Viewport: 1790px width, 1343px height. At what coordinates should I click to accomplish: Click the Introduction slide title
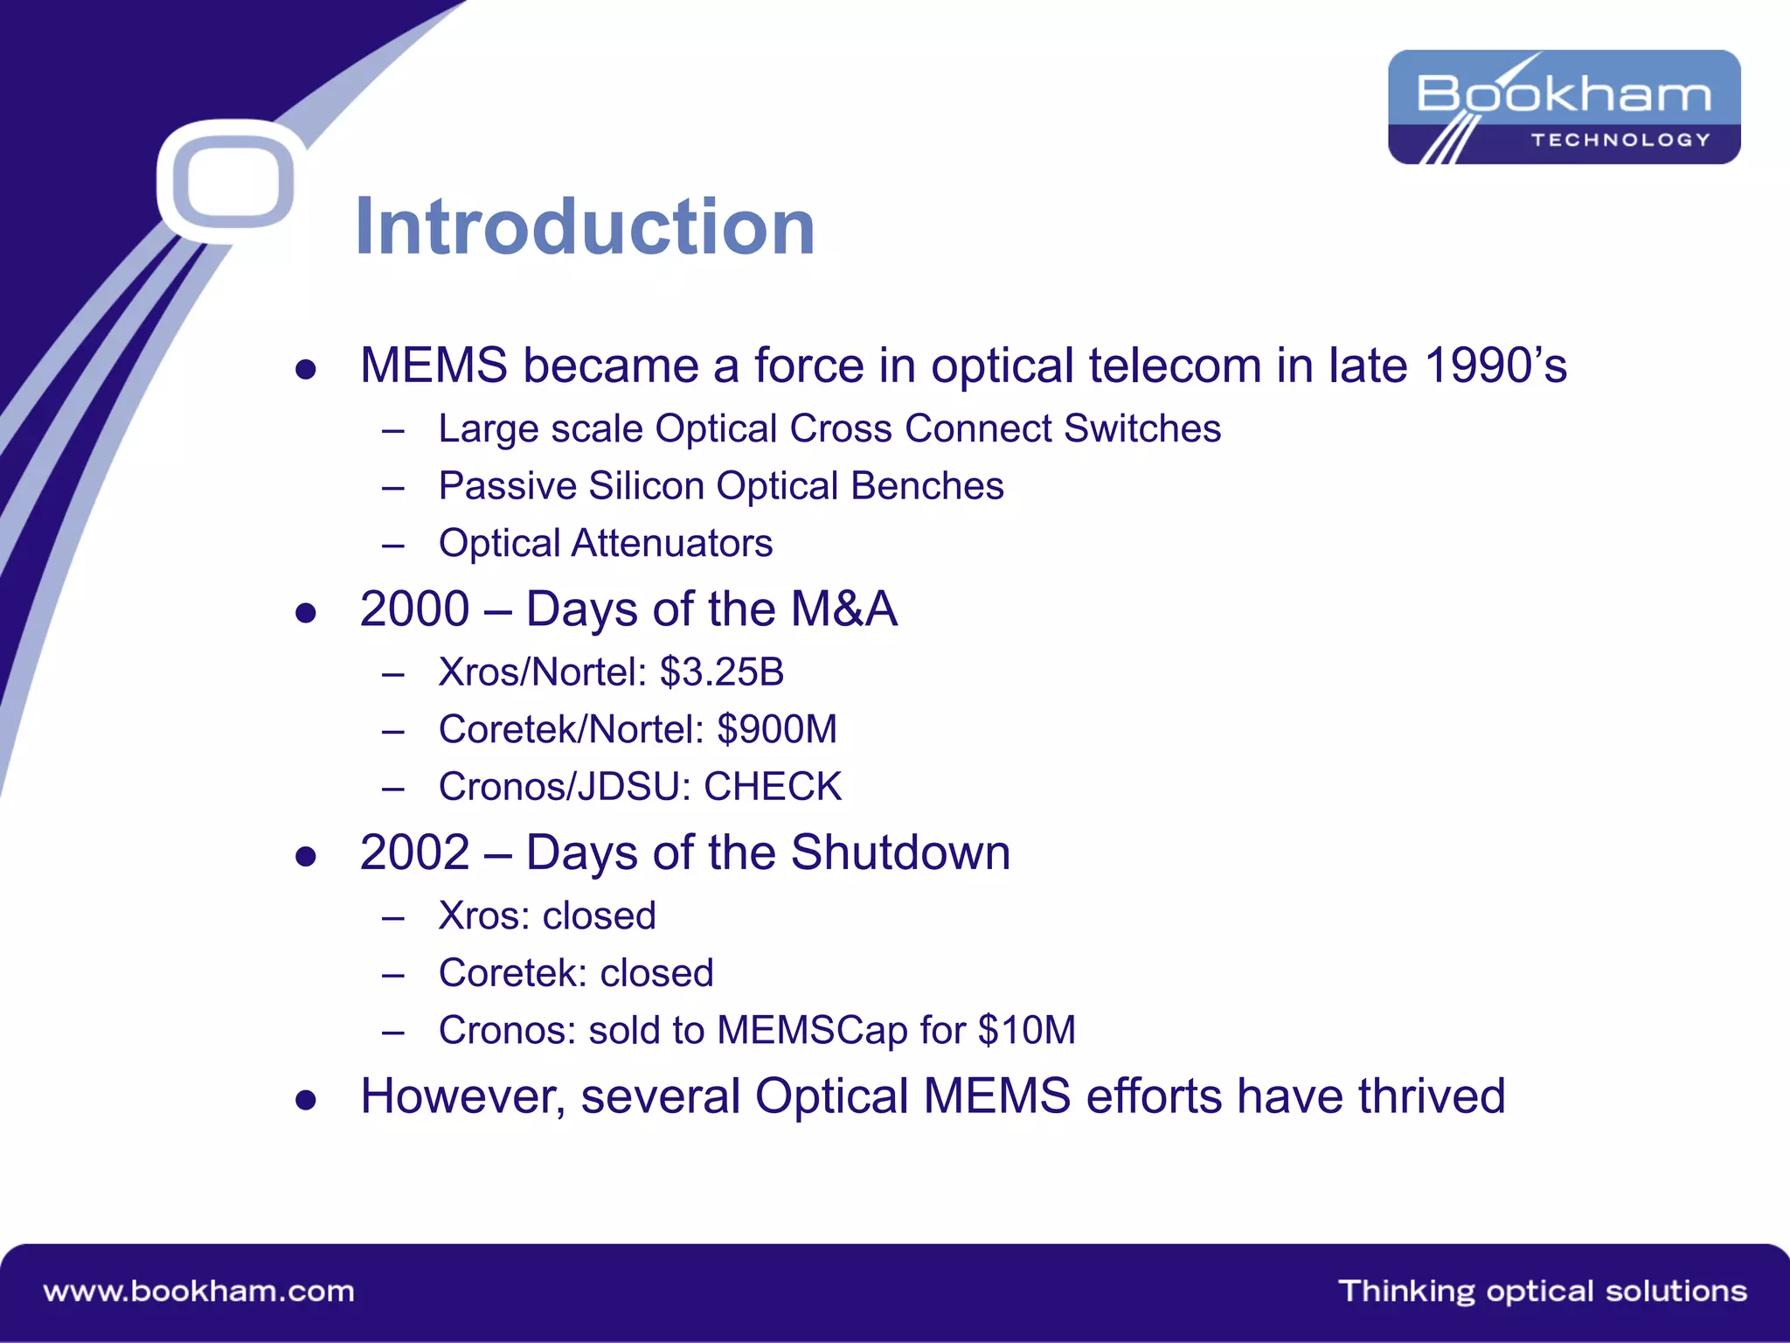[585, 227]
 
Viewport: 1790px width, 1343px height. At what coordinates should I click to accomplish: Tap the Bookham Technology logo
[1564, 107]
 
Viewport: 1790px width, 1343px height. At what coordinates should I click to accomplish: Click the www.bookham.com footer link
[199, 1291]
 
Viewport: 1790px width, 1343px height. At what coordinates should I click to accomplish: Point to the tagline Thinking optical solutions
[1542, 1291]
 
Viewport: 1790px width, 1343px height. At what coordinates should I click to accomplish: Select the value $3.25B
[722, 672]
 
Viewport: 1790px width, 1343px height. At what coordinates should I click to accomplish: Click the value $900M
[777, 729]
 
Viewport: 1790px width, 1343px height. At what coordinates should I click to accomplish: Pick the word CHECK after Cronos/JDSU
[773, 787]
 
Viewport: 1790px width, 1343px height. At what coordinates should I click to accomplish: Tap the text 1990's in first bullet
[1495, 365]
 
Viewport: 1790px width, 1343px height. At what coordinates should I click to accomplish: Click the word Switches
[1142, 429]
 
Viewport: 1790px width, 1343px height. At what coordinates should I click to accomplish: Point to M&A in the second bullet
[843, 609]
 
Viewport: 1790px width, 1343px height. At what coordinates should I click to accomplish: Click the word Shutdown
[900, 852]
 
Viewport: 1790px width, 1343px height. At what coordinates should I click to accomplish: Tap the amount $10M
[1027, 1030]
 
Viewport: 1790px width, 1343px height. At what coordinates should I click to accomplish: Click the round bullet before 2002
[305, 856]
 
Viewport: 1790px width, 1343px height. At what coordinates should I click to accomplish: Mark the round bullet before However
[305, 1100]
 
